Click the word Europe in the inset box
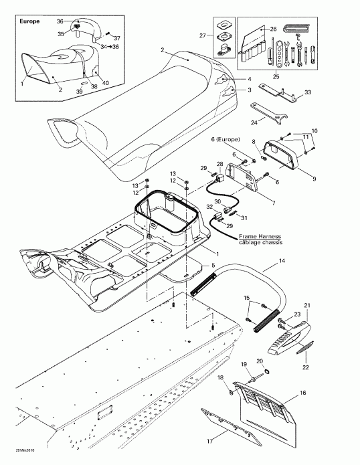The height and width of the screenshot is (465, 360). coord(31,21)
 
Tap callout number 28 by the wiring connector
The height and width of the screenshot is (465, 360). coord(219,163)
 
